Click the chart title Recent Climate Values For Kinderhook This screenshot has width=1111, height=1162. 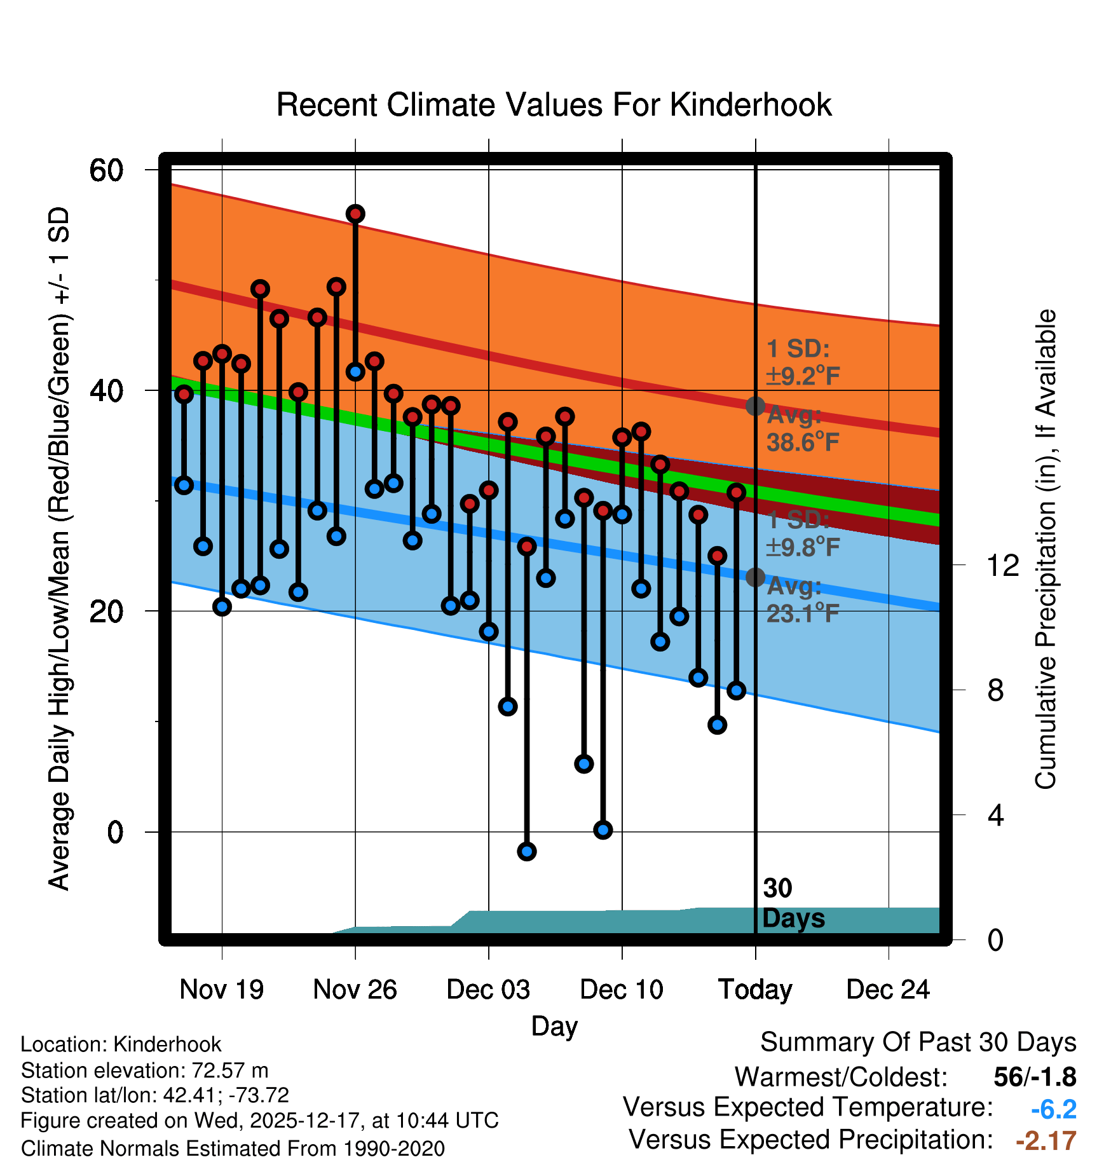coord(554,105)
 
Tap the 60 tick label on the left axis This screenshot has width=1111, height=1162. coord(106,170)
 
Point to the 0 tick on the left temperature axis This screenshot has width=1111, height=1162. coord(115,832)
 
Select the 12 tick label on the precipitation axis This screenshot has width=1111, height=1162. coord(1002,565)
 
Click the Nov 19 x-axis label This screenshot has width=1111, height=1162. coord(221,990)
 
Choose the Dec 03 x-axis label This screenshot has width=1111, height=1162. coord(488,990)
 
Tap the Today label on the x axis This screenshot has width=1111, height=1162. coord(755,990)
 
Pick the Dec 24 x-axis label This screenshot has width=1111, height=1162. coord(888,990)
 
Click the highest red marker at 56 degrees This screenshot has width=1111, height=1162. coord(355,214)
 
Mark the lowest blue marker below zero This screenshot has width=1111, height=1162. coord(527,851)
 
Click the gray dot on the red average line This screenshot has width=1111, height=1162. coord(755,406)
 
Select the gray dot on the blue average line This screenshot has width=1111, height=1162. coord(755,577)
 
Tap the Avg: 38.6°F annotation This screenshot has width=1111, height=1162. coord(803,429)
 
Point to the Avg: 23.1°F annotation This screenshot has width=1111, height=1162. coord(803,600)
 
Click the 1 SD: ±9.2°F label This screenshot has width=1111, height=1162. coord(803,362)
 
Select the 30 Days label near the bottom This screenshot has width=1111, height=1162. coord(793,903)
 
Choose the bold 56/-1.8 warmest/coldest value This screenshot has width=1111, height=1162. coord(1035,1077)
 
